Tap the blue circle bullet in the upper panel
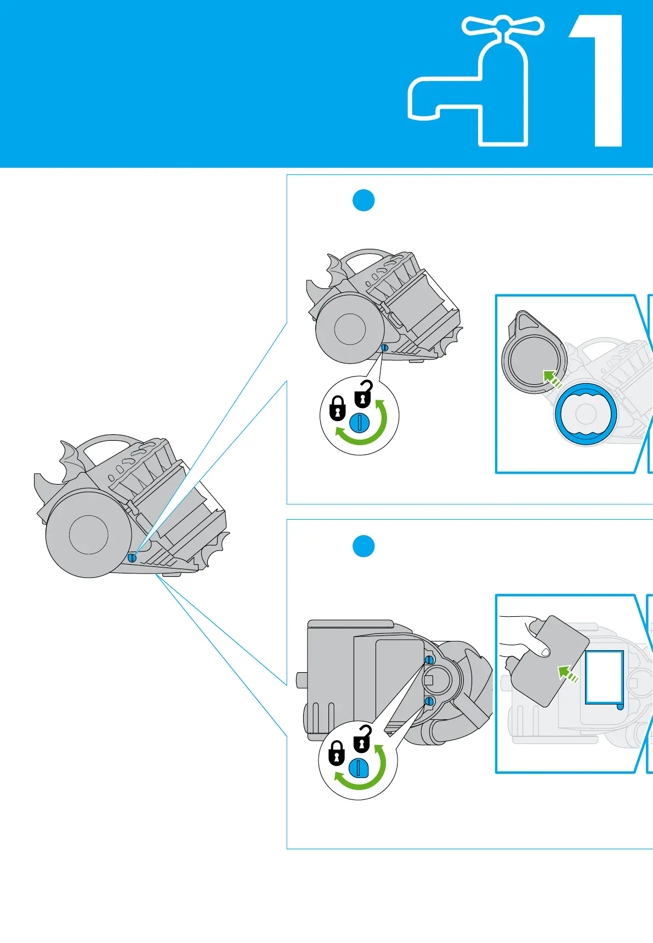point(363,201)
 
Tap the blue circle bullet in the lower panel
point(363,546)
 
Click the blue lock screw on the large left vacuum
point(132,557)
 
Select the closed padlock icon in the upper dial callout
point(337,408)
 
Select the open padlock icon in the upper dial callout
point(363,394)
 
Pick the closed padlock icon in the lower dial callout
point(336,753)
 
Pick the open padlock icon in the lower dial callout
point(362,739)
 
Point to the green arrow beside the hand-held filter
point(567,673)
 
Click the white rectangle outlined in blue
point(604,677)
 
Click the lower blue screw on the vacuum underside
point(429,701)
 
